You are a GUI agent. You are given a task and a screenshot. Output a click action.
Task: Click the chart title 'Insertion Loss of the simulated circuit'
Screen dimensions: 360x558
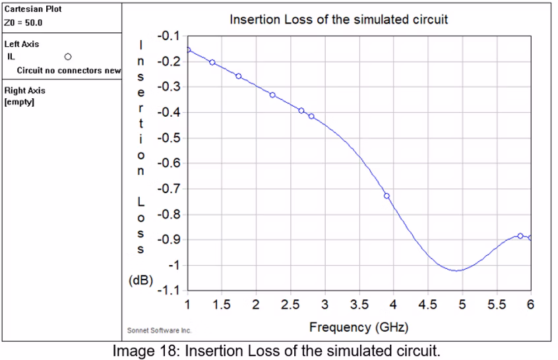338,20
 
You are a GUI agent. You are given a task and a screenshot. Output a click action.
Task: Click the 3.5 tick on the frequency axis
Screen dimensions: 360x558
359,305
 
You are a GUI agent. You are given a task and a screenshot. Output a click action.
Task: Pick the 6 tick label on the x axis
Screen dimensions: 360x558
530,305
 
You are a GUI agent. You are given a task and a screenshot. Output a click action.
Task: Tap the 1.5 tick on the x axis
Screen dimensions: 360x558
222,305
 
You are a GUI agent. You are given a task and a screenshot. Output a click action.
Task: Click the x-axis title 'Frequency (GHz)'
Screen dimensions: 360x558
359,327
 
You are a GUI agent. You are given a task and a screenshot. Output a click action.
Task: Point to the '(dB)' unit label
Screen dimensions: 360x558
140,280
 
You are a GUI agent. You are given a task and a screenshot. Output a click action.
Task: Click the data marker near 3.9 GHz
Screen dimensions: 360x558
387,196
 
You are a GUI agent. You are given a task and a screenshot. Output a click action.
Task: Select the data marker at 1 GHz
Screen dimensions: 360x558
188,50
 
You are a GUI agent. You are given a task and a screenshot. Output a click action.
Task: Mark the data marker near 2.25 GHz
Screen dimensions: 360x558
272,95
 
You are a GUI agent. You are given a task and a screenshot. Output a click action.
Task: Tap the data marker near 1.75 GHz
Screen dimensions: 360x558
239,76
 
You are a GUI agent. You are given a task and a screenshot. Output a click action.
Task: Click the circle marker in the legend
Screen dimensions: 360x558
67,57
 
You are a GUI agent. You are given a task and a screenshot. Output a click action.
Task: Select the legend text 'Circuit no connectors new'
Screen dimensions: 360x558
69,71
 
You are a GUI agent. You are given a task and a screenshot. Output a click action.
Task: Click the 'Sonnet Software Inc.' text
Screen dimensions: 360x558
159,330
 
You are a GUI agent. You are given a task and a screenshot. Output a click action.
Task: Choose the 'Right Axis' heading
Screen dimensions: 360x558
25,91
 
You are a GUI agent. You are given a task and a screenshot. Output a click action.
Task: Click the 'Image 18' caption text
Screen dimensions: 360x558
276,351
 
